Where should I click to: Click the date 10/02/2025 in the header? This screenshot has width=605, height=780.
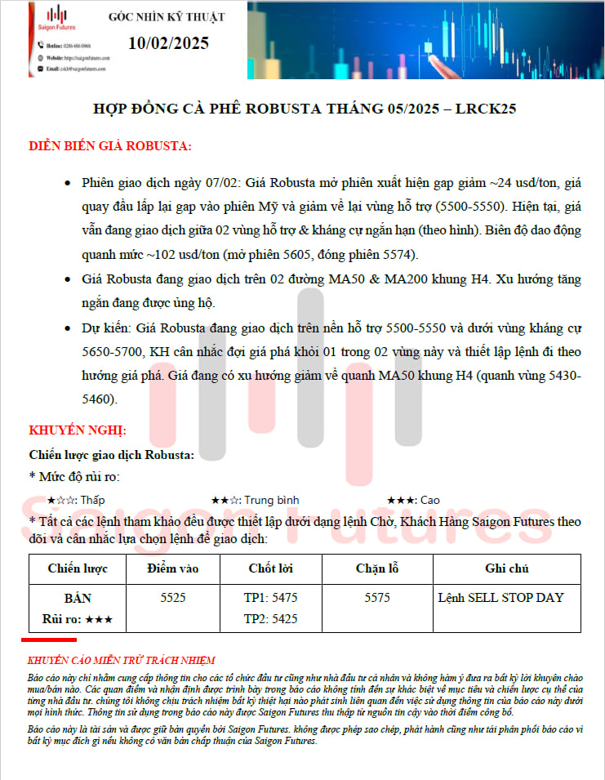point(168,43)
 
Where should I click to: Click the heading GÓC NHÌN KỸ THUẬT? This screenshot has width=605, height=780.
point(167,17)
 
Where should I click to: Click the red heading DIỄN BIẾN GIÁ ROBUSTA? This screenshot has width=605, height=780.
point(110,146)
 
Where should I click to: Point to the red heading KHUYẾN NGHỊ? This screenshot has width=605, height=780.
point(78,430)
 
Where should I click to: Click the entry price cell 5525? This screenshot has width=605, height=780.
point(173,598)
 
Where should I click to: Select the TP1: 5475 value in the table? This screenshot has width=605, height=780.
point(270,598)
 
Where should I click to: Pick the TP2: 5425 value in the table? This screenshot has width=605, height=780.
point(270,618)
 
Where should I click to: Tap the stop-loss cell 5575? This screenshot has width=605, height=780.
point(377,598)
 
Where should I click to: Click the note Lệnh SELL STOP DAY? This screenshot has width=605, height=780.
point(500,598)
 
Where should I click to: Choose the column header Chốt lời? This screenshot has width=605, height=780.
point(270,568)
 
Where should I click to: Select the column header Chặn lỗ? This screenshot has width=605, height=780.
point(377,568)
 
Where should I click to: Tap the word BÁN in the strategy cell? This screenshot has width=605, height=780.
point(78,598)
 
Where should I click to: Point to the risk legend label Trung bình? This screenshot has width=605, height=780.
point(273,500)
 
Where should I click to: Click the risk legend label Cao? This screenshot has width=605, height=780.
point(429,500)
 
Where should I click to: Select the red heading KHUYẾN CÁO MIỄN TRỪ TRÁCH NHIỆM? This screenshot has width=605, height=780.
point(122,660)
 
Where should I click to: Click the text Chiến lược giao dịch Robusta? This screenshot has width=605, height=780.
point(112,455)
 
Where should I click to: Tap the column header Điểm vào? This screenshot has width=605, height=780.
point(173,568)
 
